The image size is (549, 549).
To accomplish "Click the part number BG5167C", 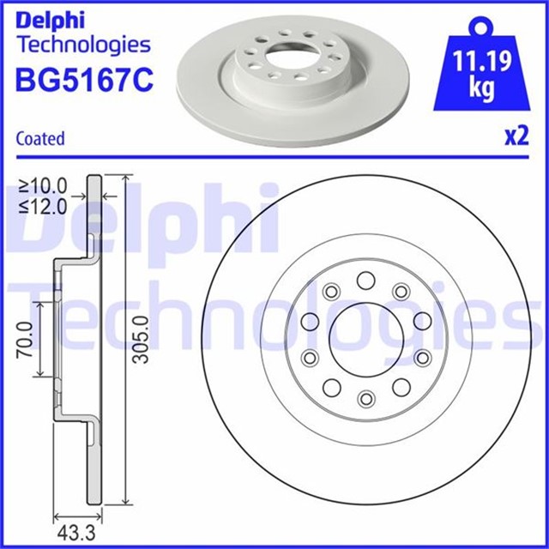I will tap(83, 81).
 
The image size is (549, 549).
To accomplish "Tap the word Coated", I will tap(40, 138).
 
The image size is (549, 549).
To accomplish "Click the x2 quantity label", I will tap(516, 137).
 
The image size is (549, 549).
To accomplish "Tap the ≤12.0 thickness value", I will tap(43, 206).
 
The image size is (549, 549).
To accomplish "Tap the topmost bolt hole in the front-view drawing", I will tap(365, 280).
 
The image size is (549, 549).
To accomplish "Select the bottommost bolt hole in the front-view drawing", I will tap(365, 398).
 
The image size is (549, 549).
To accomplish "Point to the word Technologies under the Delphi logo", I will tap(83, 45).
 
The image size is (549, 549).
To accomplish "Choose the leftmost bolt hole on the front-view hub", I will tap(308, 322).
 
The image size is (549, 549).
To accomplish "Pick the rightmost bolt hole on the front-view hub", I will tap(423, 321).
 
